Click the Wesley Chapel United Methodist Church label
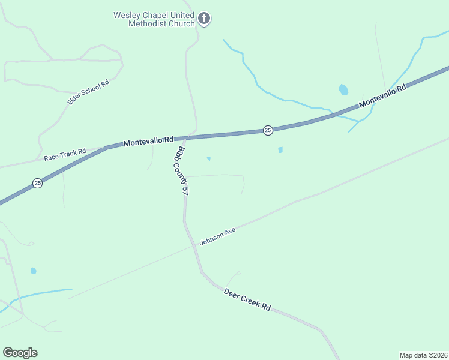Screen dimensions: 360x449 point(154,19)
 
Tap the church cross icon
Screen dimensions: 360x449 point(204,19)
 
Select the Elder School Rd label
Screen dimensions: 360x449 point(88,92)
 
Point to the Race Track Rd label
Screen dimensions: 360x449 point(65,155)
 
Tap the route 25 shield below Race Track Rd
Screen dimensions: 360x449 point(37,183)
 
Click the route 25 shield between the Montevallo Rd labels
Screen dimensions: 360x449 point(268,130)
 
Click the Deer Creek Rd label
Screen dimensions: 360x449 point(247,299)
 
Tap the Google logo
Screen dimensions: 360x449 point(20,353)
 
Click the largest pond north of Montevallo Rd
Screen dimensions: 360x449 point(343,90)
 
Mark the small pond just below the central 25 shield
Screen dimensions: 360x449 point(280,150)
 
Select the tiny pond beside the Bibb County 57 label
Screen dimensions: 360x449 point(208,158)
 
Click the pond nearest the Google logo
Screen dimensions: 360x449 point(34,271)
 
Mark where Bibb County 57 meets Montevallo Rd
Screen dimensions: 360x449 point(187,137)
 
